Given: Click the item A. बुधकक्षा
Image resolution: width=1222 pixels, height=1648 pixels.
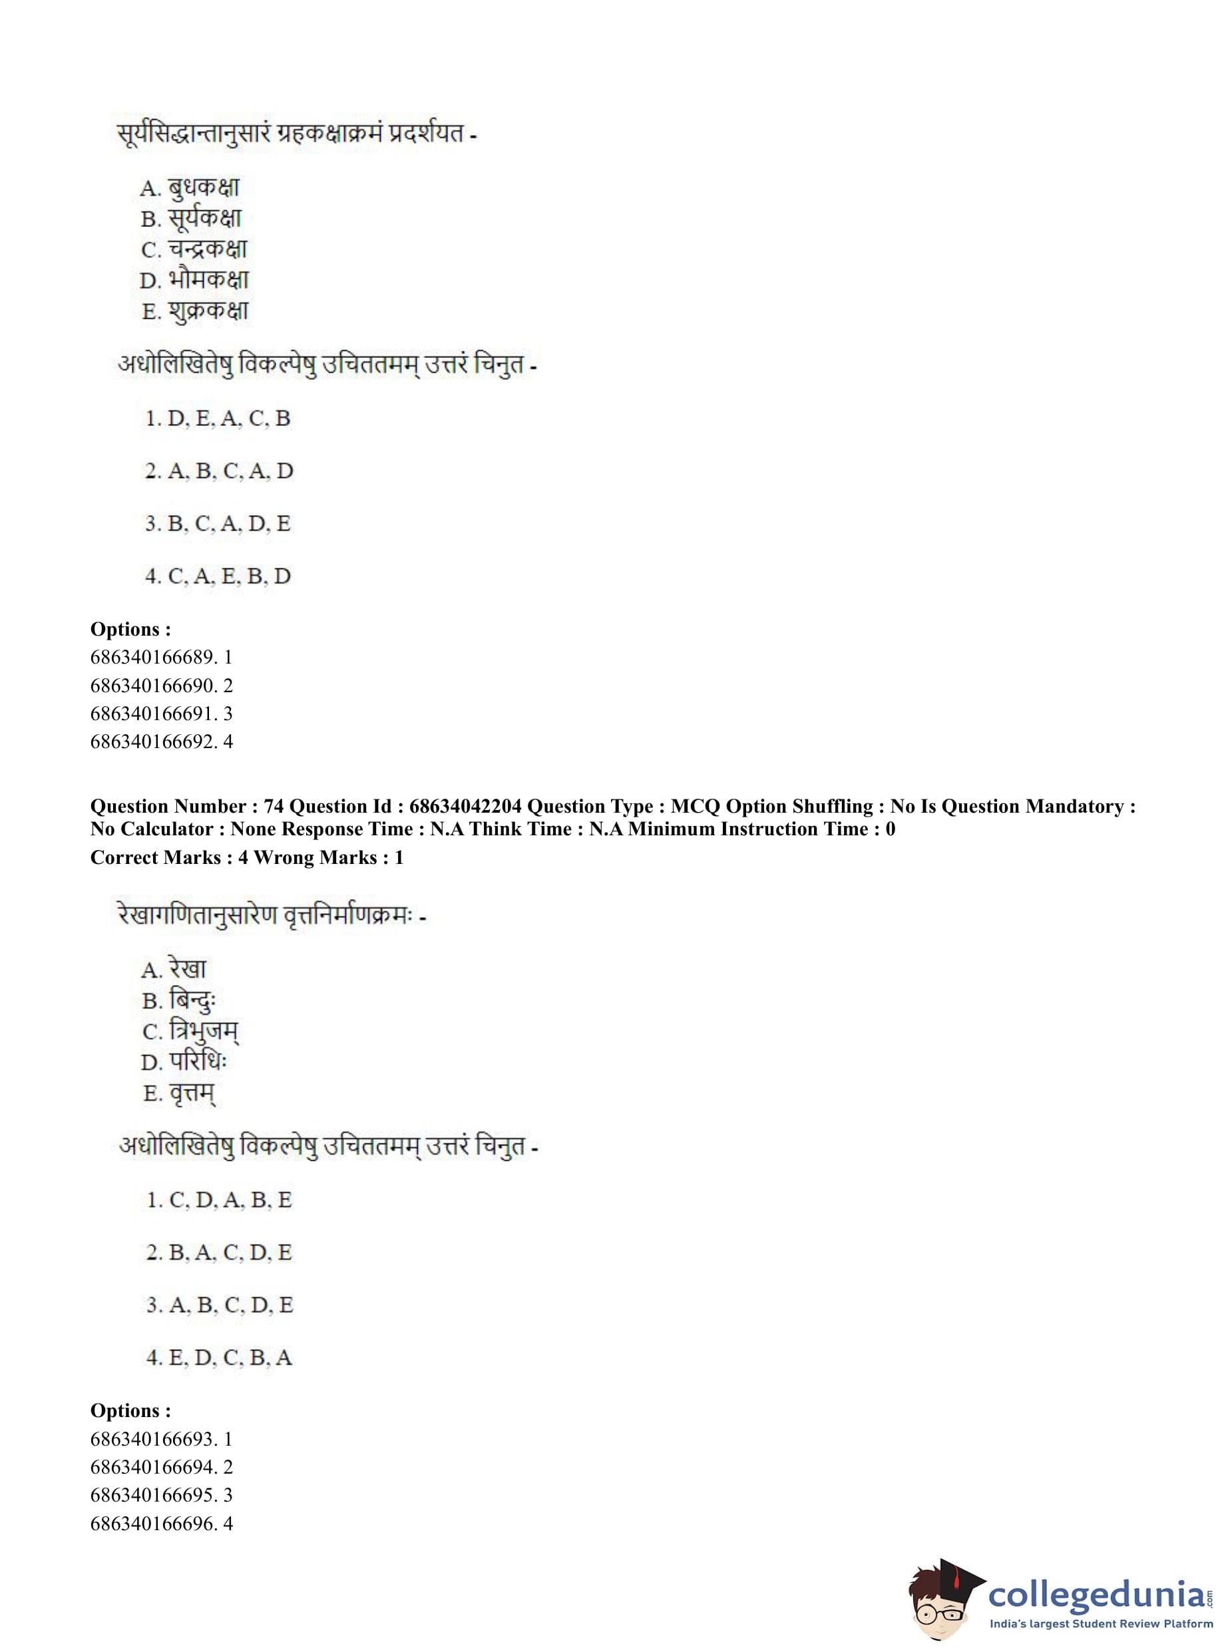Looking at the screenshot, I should click(x=190, y=188).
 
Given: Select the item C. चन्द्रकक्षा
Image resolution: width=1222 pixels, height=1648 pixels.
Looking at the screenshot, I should click(x=194, y=250).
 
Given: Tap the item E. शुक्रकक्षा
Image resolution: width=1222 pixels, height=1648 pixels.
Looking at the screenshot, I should click(x=194, y=311).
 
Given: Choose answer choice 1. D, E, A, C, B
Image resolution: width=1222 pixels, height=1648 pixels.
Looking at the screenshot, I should click(x=218, y=419).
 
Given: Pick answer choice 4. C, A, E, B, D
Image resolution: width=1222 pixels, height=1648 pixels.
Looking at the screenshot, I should click(x=218, y=576).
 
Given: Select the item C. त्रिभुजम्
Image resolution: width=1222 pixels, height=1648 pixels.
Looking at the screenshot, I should click(x=190, y=1032).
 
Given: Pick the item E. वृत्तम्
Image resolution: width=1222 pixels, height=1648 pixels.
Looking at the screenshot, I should click(x=179, y=1094).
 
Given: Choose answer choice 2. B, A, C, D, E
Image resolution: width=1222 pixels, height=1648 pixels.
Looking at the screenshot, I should click(x=219, y=1252).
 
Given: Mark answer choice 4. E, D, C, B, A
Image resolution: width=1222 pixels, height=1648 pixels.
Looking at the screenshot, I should click(x=219, y=1357).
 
